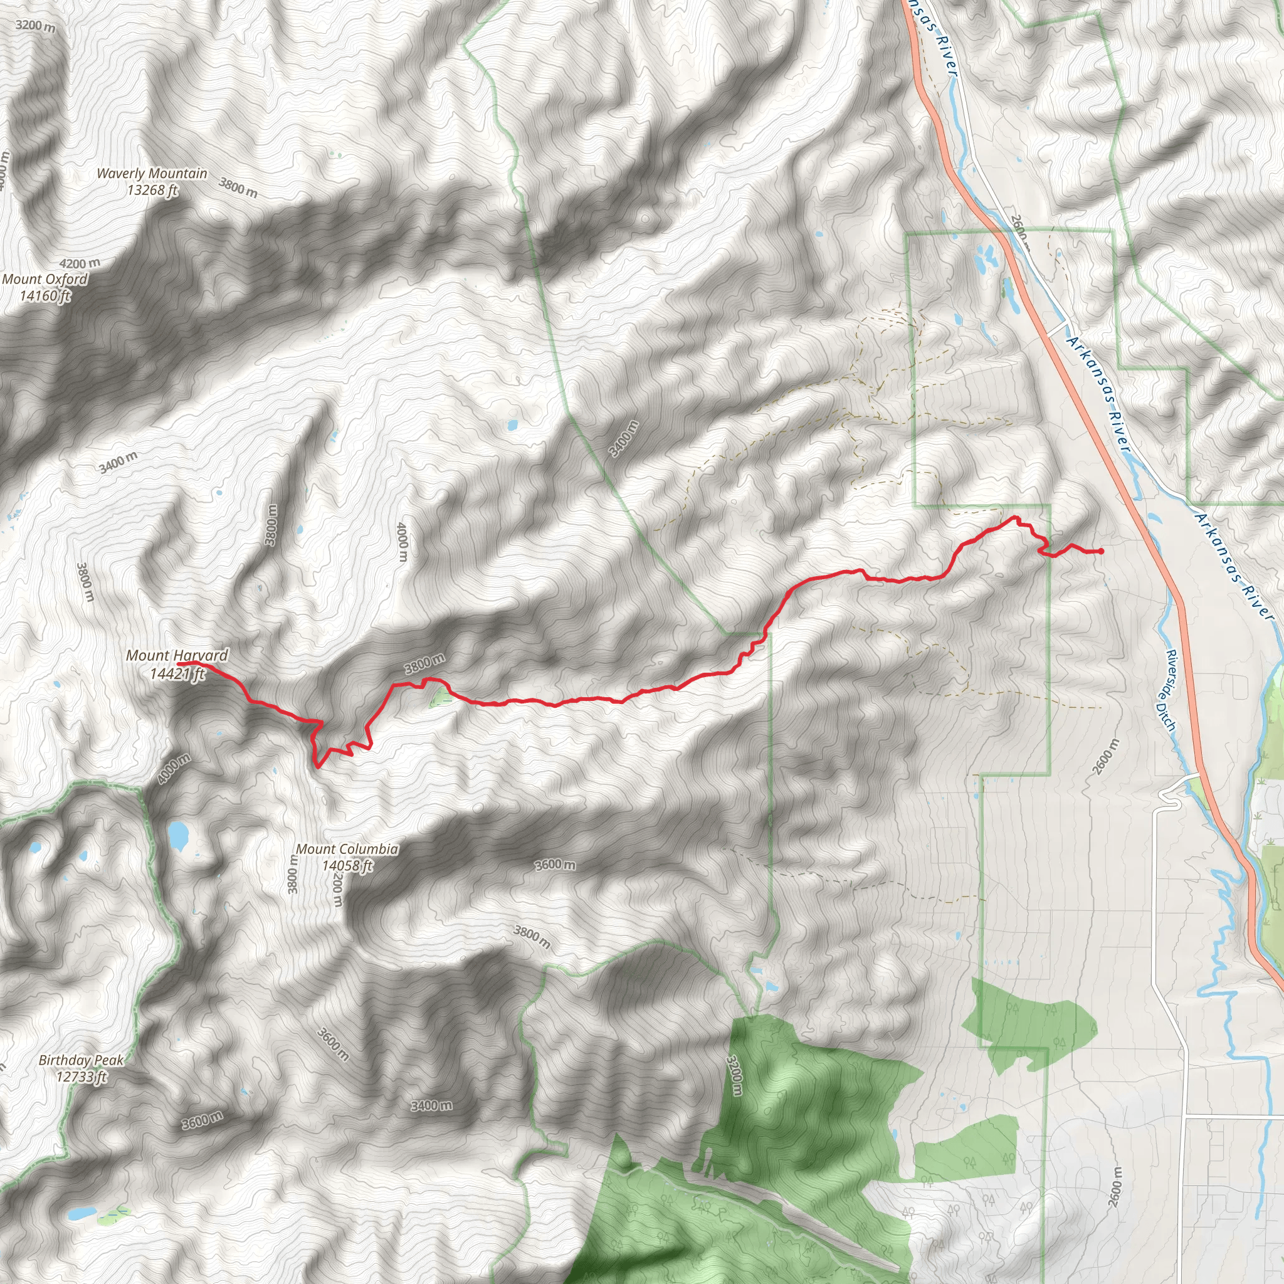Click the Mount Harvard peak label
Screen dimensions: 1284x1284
pyautogui.click(x=177, y=655)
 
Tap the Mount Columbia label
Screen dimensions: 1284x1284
pyautogui.click(x=347, y=849)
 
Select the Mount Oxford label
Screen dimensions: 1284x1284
pyautogui.click(x=45, y=279)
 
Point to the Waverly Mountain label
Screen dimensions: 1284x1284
pyautogui.click(x=152, y=174)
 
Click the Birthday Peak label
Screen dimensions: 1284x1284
pyautogui.click(x=81, y=1060)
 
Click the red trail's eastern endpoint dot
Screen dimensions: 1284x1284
pyautogui.click(x=1101, y=551)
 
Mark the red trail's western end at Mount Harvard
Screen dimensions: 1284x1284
pyautogui.click(x=179, y=663)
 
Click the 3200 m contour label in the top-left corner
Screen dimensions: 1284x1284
pyautogui.click(x=35, y=26)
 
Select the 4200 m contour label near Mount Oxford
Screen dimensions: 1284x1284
pyautogui.click(x=80, y=264)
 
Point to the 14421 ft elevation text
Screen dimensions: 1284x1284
pyautogui.click(x=177, y=674)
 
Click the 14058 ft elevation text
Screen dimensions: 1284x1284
pyautogui.click(x=347, y=866)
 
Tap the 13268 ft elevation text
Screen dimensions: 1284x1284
pyautogui.click(x=153, y=190)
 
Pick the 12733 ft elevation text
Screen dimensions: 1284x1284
pyautogui.click(x=81, y=1076)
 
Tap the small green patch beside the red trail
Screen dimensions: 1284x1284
pyautogui.click(x=439, y=698)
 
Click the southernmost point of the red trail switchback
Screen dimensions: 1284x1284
pyautogui.click(x=318, y=767)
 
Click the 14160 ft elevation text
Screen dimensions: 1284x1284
pyautogui.click(x=45, y=296)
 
